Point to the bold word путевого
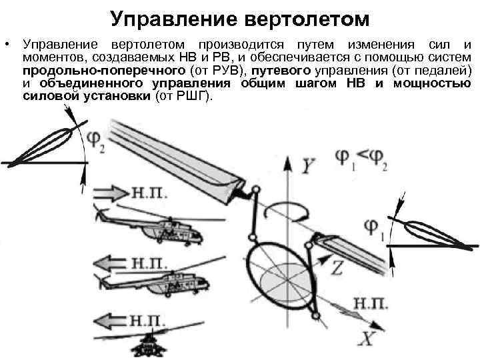275,70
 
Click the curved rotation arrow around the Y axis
285,210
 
